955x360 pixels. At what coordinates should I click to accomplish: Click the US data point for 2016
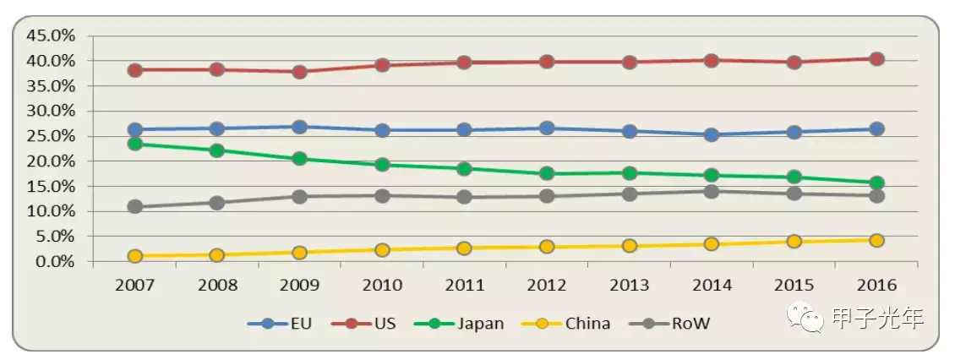click(876, 59)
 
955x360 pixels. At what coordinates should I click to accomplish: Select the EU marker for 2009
click(299, 127)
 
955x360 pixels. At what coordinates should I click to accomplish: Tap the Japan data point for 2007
click(134, 144)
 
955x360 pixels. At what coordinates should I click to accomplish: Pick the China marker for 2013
click(629, 246)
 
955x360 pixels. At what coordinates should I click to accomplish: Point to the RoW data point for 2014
click(712, 191)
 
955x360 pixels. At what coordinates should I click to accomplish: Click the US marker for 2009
click(299, 72)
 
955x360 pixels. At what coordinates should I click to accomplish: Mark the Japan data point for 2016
click(876, 183)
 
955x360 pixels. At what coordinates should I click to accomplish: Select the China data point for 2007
click(134, 256)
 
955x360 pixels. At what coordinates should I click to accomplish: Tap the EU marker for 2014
click(712, 134)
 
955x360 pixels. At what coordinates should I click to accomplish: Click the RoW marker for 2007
click(134, 207)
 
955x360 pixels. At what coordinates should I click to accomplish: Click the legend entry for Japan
click(469, 324)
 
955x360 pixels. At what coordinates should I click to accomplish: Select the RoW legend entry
click(680, 324)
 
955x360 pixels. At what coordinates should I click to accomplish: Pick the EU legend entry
click(279, 324)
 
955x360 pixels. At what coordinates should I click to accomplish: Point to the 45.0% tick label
click(52, 35)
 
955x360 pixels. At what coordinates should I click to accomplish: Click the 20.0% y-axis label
click(52, 161)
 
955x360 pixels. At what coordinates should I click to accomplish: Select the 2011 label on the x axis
click(464, 286)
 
